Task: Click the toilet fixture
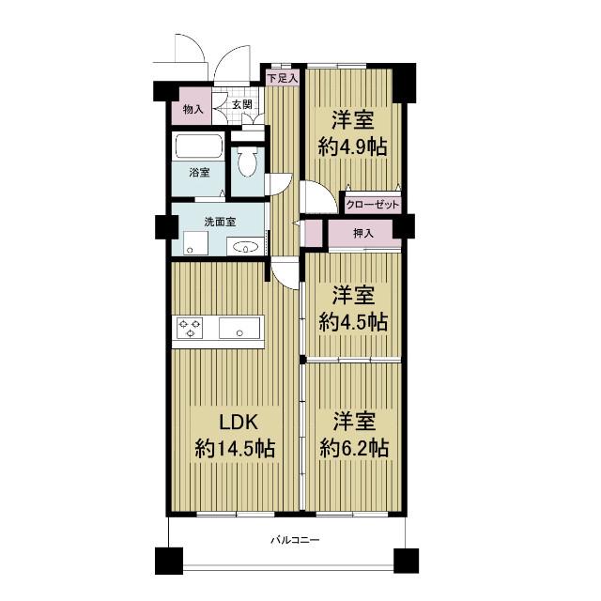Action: pyautogui.click(x=247, y=162)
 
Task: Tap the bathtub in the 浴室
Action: pyautogui.click(x=198, y=146)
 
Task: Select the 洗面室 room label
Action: pyautogui.click(x=220, y=222)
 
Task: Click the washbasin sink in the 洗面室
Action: pyautogui.click(x=245, y=246)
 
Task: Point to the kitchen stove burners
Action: pyautogui.click(x=190, y=329)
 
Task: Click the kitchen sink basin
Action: pyautogui.click(x=239, y=329)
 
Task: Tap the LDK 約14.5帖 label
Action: pyautogui.click(x=235, y=435)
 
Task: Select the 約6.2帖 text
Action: pyautogui.click(x=354, y=448)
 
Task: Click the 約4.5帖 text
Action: pyautogui.click(x=353, y=321)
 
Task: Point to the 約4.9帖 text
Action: pyautogui.click(x=353, y=146)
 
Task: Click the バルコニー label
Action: pyautogui.click(x=295, y=541)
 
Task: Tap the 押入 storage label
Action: pyautogui.click(x=363, y=233)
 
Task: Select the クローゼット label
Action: pyautogui.click(x=373, y=205)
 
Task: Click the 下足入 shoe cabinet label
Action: pyautogui.click(x=283, y=79)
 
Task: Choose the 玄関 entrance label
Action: pyautogui.click(x=242, y=104)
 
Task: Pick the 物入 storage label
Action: pyautogui.click(x=193, y=109)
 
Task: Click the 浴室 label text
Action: pyautogui.click(x=199, y=173)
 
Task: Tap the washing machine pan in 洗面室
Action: pyautogui.click(x=195, y=243)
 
